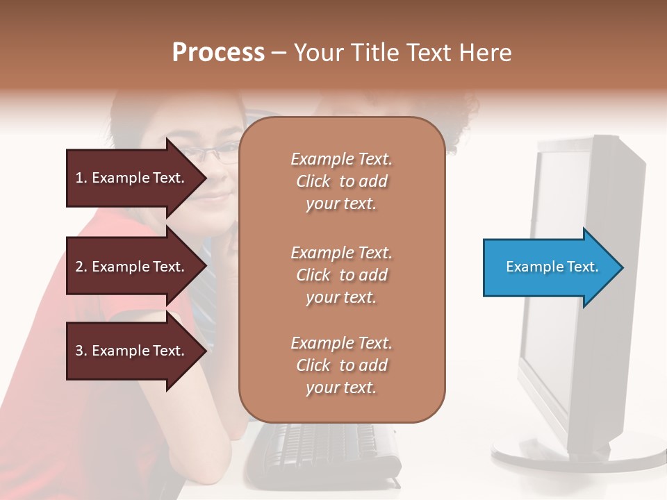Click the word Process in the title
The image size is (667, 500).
click(218, 53)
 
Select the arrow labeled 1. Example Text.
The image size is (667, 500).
click(132, 178)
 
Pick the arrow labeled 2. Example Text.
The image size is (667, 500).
click(132, 267)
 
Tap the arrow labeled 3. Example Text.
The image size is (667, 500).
click(132, 351)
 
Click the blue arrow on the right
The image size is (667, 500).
click(549, 267)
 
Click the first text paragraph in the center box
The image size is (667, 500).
click(341, 181)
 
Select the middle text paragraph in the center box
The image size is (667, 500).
click(341, 274)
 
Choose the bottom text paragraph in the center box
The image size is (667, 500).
click(341, 365)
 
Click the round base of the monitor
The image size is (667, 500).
click(577, 458)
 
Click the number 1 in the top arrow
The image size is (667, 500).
click(79, 178)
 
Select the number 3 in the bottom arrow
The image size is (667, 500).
click(79, 351)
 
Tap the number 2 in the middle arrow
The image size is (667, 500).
click(79, 267)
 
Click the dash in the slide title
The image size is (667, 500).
click(279, 53)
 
